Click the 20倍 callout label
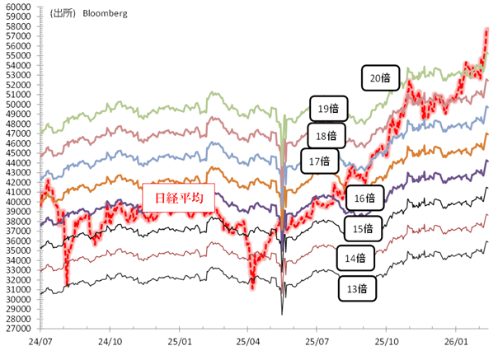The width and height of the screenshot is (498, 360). coord(380,78)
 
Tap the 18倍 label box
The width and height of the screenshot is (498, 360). coord(326,136)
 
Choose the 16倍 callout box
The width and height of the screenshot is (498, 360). coord(364,198)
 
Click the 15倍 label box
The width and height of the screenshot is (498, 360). coord(363,227)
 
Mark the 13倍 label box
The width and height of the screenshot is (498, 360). coord(358,288)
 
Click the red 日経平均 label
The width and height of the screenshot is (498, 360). coord(178,198)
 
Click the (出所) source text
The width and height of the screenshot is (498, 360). coord(61,14)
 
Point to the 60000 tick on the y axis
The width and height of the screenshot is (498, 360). coord(18,7)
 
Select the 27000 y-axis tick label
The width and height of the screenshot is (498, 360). coord(18,328)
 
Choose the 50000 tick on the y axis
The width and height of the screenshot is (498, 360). coord(18,104)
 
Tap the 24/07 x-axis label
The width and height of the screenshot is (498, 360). coord(40,339)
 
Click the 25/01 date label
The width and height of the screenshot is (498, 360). coord(180,339)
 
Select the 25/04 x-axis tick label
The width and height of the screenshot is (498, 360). coord(249,339)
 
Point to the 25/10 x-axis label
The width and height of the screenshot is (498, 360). coord(388,339)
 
